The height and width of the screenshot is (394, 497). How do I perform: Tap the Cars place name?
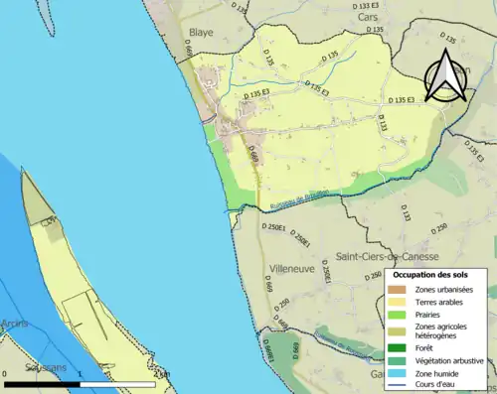click(x=368, y=17)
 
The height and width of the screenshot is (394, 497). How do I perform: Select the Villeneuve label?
click(x=291, y=268)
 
